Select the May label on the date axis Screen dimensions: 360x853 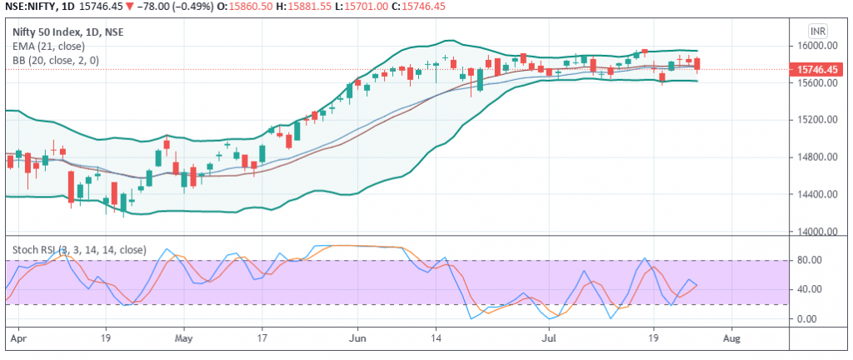tap(184, 340)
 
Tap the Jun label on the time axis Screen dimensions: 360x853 tap(358, 340)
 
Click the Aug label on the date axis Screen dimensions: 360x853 tap(731, 340)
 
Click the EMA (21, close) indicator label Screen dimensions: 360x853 tap(48, 47)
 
